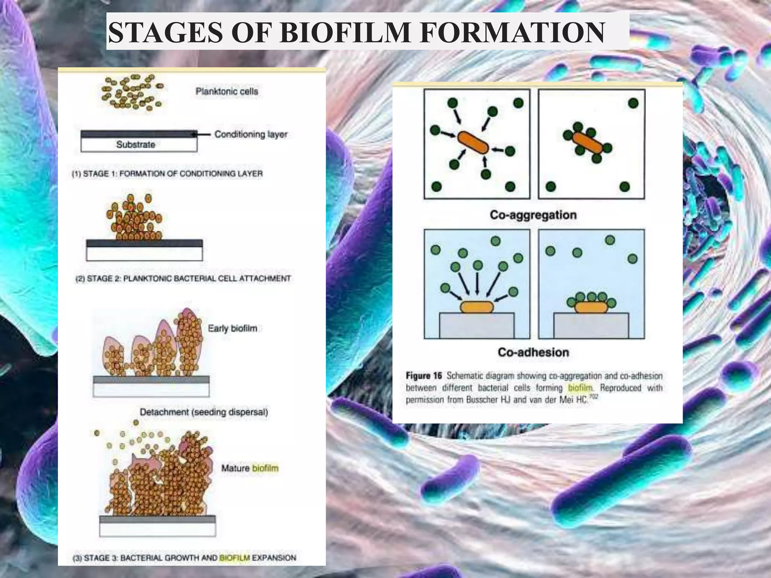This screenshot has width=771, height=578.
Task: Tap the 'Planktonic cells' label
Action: (227, 91)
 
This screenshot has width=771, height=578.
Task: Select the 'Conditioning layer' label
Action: (251, 134)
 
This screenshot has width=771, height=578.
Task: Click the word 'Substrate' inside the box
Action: (136, 144)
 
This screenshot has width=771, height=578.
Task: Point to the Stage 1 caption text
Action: (167, 174)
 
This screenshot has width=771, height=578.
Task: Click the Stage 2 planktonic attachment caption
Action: (183, 278)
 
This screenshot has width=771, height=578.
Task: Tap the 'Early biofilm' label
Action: (232, 329)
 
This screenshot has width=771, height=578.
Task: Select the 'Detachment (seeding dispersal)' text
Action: (204, 412)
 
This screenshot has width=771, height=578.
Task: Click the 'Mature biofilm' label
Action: (250, 468)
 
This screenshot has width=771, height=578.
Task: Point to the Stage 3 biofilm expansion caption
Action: (184, 558)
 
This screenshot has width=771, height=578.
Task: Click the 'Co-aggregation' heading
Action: (533, 215)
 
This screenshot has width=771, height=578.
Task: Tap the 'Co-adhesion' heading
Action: (533, 352)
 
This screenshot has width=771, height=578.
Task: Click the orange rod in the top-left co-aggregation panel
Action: (473, 142)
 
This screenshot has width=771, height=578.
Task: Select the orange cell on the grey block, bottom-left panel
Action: (477, 307)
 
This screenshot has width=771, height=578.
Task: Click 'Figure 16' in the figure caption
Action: (424, 376)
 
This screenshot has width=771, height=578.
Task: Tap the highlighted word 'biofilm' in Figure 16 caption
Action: (580, 388)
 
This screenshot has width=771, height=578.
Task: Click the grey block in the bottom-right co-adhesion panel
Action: (591, 326)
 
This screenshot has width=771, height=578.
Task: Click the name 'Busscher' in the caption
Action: (482, 399)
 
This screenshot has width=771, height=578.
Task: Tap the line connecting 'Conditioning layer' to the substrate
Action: (203, 134)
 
